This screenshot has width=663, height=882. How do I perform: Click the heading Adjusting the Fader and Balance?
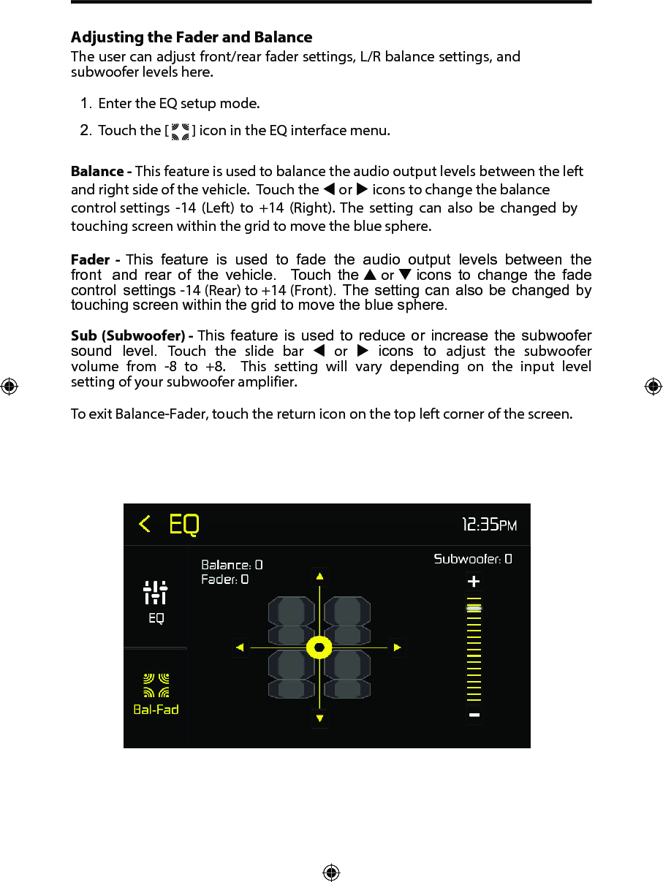coord(192,37)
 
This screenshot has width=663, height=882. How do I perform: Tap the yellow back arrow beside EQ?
coord(145,524)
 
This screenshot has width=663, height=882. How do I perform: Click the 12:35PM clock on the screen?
coord(489,524)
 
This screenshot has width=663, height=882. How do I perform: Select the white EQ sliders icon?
coord(156,592)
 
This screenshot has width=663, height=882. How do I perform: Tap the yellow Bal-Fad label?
coord(156,709)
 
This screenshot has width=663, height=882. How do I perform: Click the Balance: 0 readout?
coord(232,565)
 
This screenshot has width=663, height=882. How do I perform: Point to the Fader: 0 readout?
coord(224,579)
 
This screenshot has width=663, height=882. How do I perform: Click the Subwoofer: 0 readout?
coord(473,559)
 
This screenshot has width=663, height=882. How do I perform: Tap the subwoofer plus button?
coord(474,582)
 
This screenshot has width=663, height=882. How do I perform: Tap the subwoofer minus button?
coord(474,715)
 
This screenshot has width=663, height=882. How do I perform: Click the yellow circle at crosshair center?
coord(319,647)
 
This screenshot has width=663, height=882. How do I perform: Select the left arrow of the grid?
coord(240,647)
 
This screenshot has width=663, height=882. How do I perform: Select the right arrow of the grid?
coord(397,647)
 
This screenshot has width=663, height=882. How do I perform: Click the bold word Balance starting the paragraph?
coord(97,172)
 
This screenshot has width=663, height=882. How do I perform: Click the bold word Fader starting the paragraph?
coord(91,260)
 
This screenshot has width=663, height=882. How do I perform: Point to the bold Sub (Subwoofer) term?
coord(129,336)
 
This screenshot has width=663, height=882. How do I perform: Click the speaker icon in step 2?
coord(180,131)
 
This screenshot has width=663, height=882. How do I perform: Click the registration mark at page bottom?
coord(331,873)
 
